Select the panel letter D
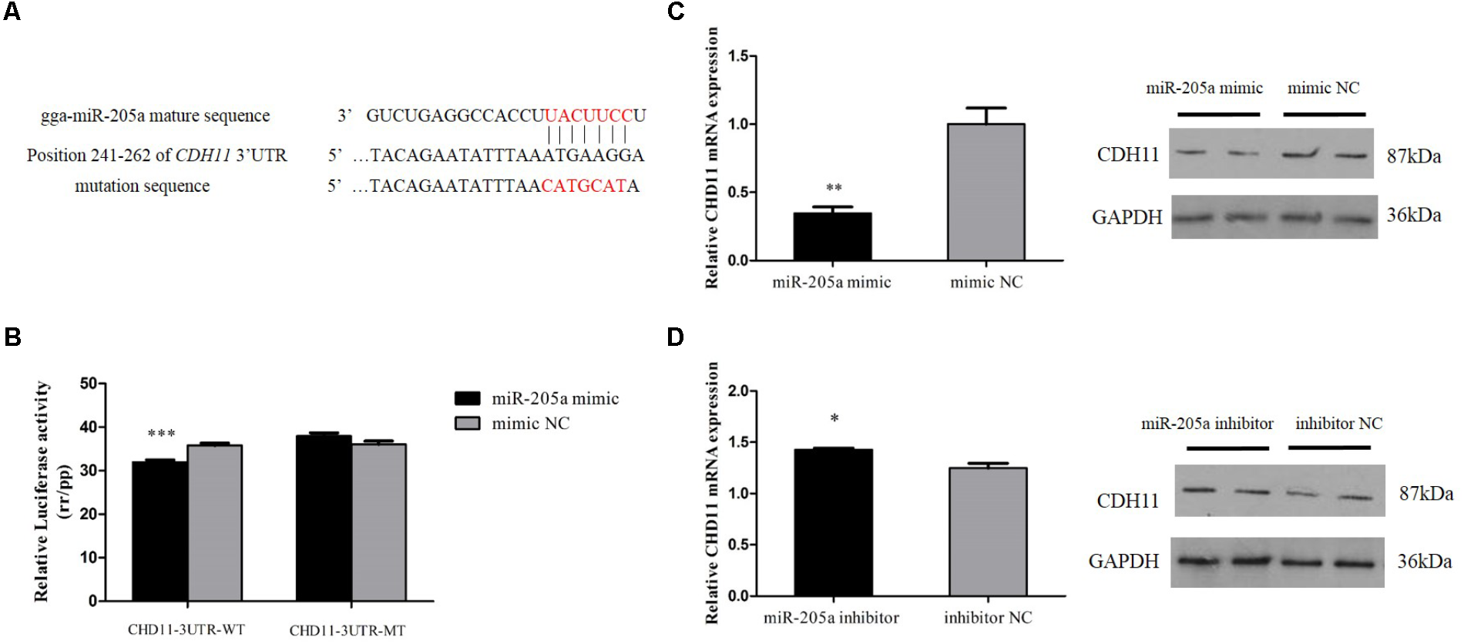[675, 337]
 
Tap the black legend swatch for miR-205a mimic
[467, 398]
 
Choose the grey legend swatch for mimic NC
[467, 423]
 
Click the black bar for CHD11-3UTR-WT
[159, 531]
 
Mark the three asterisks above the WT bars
[161, 434]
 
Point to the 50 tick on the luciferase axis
[89, 384]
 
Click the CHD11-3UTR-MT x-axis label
[347, 630]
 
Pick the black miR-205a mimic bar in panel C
[832, 236]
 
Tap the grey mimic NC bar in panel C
[986, 193]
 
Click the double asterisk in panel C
[834, 188]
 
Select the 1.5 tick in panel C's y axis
[737, 56]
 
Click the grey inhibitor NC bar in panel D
[988, 532]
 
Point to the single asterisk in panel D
[834, 419]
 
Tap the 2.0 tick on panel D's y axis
[737, 391]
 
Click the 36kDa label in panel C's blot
[1413, 215]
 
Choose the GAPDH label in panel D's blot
[1123, 561]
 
